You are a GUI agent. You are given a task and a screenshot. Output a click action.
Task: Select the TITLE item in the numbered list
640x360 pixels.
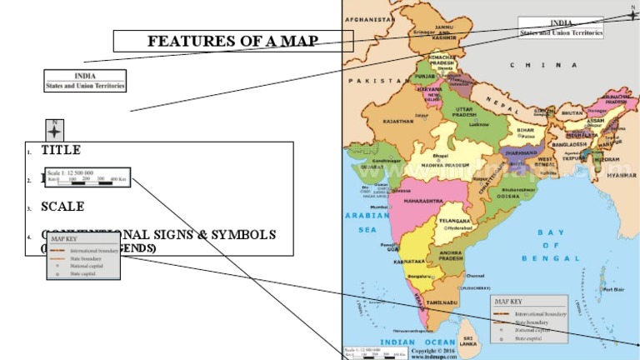61,150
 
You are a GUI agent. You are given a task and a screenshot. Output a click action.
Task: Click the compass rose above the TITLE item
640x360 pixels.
54,130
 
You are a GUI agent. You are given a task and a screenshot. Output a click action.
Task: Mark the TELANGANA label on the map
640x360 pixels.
454,221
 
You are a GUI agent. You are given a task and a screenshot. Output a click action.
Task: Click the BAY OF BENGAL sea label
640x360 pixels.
551,245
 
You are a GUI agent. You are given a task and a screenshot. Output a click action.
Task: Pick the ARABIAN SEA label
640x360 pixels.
367,221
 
